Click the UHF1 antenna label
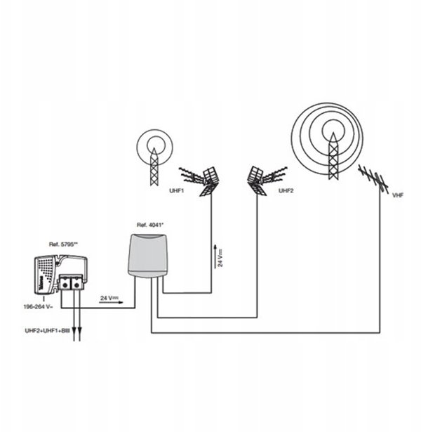click(x=176, y=190)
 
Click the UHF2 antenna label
click(x=286, y=190)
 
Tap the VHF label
click(x=398, y=195)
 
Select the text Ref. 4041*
click(x=150, y=225)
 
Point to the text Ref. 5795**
click(x=63, y=244)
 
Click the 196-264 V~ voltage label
click(x=39, y=307)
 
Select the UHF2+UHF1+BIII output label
click(x=47, y=331)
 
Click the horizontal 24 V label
click(x=109, y=298)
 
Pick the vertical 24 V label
click(x=220, y=258)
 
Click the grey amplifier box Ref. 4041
click(x=148, y=256)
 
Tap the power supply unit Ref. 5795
click(x=61, y=275)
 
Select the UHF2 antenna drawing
click(x=266, y=181)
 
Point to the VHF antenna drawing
click(x=374, y=179)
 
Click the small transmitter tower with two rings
click(x=154, y=157)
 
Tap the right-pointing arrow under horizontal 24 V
click(x=111, y=302)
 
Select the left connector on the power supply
click(x=65, y=284)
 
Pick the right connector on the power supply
click(x=76, y=284)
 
